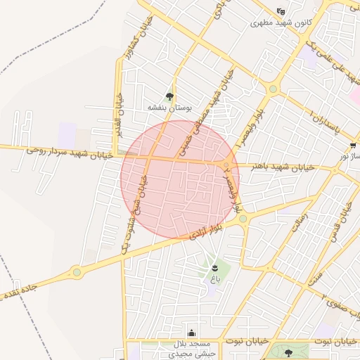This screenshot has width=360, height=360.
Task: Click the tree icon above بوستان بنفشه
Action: pos(169,96)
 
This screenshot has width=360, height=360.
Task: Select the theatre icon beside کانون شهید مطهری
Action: pos(281,12)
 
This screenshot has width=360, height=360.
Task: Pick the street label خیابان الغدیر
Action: pos(119,117)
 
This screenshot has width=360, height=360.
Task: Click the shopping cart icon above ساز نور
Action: pos(352,146)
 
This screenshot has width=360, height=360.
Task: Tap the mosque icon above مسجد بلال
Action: pos(192,333)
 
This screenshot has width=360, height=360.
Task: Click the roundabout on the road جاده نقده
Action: pos(76,271)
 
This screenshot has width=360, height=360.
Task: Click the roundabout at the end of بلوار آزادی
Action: pos(243,219)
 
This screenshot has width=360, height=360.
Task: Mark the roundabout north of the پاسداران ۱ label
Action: pos(273,89)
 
